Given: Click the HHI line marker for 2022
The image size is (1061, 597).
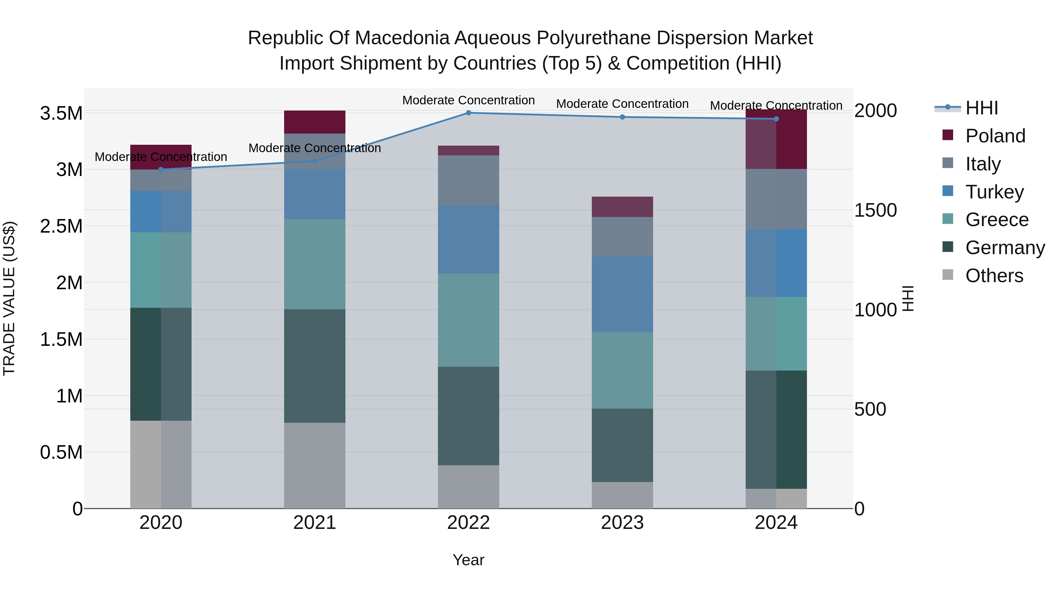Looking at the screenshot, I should (468, 113).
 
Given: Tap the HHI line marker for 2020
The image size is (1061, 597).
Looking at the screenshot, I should (161, 169).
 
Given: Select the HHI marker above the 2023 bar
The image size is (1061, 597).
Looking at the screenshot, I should (622, 117).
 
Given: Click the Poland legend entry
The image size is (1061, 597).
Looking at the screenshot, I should (995, 136).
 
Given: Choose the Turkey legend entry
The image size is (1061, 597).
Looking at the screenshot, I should (994, 192).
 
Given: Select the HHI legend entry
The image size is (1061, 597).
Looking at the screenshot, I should (981, 108).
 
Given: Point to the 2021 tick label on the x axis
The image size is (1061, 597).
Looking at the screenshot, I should (315, 523).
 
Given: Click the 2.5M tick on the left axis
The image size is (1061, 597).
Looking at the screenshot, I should (61, 226).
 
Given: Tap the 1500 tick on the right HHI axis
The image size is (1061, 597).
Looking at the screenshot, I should (875, 210).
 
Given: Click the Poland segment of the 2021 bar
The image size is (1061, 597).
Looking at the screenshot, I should (315, 122).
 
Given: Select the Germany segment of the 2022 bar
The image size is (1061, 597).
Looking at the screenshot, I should (468, 416).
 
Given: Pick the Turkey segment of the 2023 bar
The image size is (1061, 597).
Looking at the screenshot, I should (622, 294).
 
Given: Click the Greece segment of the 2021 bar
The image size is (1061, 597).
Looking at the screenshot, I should (315, 264).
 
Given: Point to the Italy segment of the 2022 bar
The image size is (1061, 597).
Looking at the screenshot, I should (468, 180).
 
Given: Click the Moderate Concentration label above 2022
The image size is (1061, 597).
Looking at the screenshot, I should (468, 101).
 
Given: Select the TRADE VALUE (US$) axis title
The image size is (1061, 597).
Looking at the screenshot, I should (9, 298).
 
